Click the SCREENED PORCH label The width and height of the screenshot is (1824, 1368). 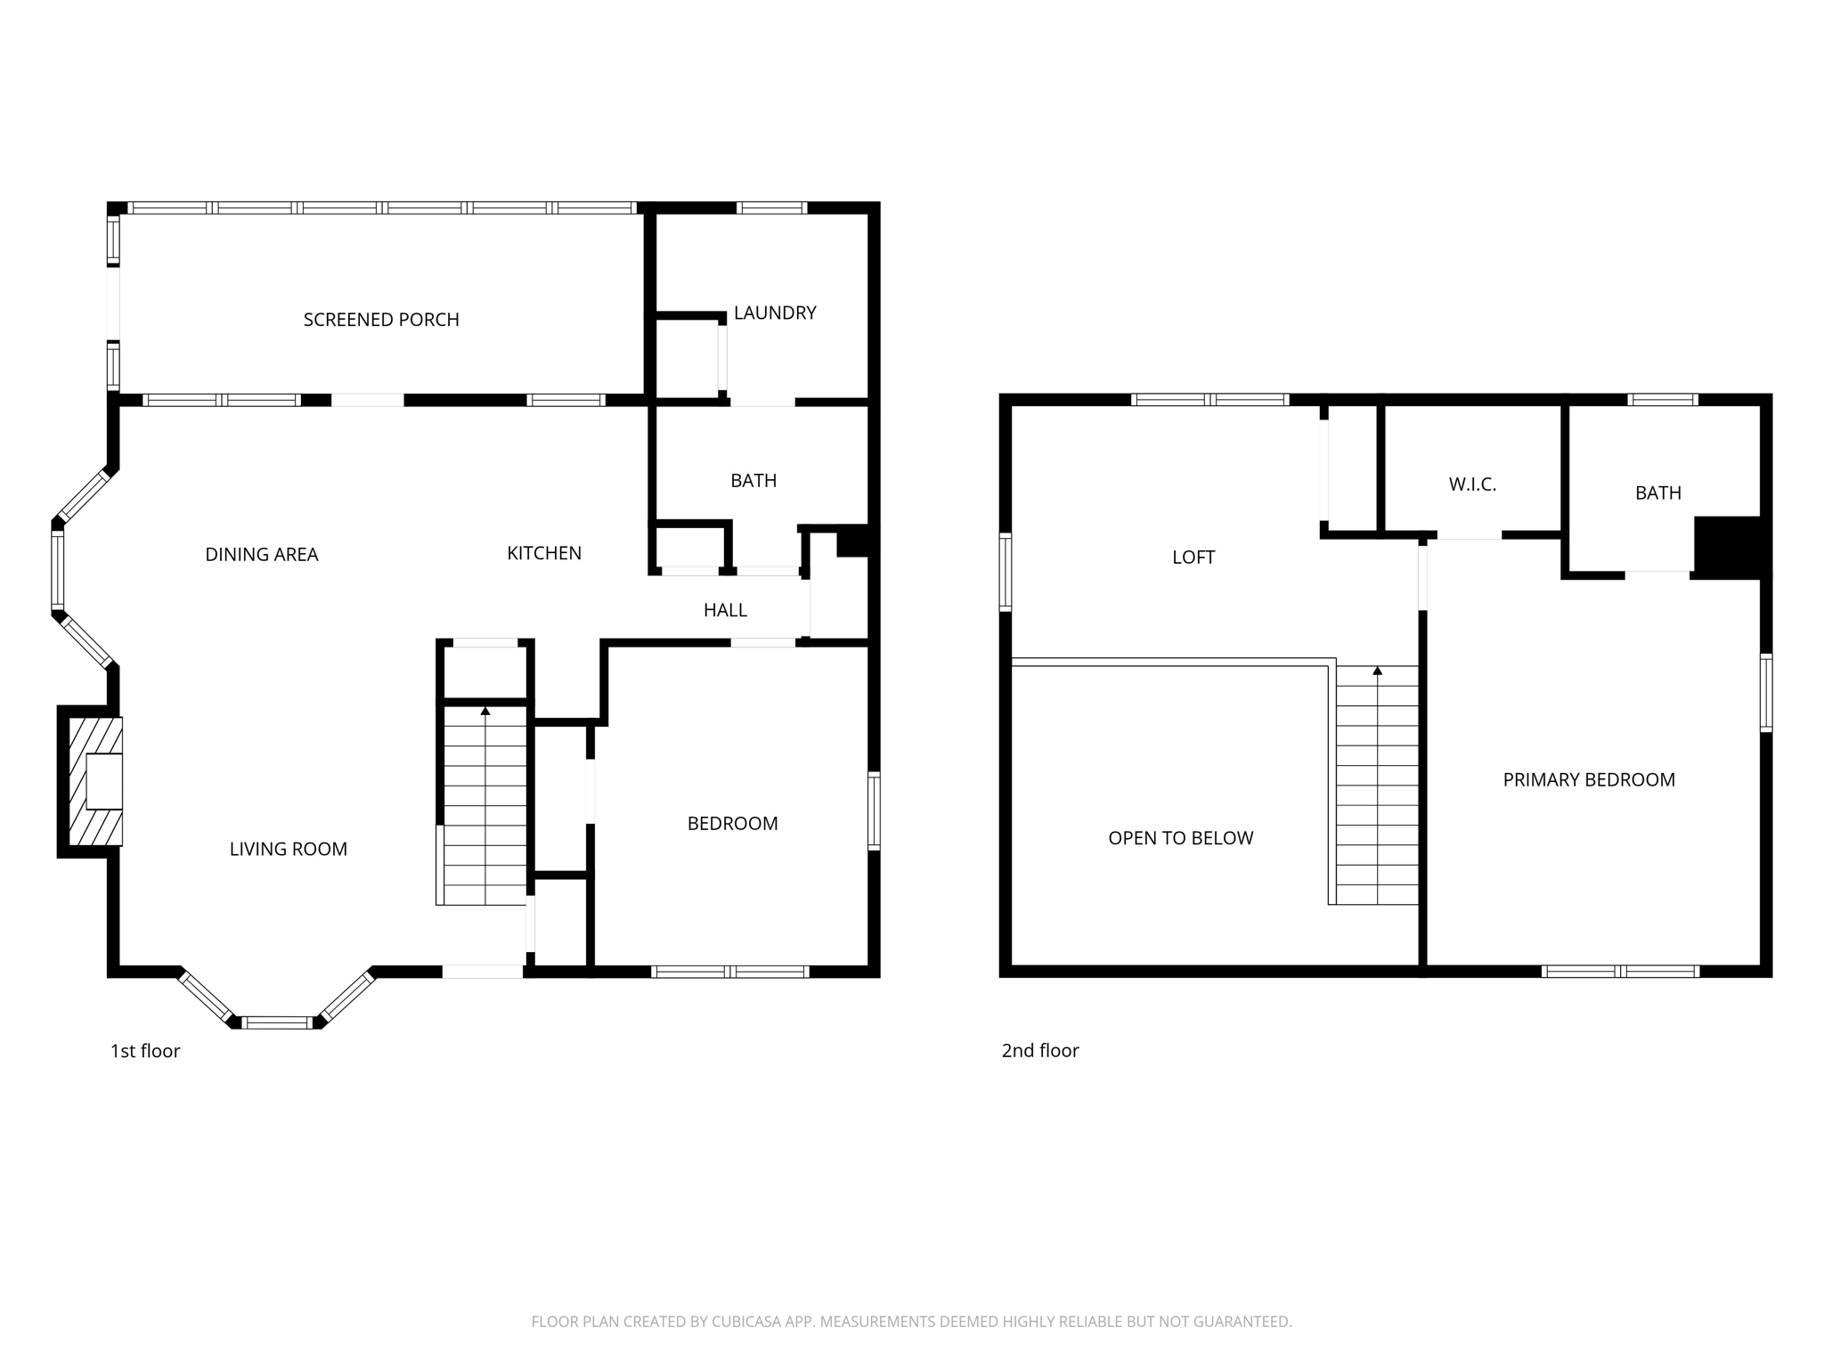(x=381, y=320)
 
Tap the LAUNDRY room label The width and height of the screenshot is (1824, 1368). (x=775, y=313)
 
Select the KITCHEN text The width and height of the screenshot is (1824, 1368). (x=544, y=553)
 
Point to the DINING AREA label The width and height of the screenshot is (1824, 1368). (x=261, y=554)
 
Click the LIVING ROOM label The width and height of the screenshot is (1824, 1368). (x=289, y=849)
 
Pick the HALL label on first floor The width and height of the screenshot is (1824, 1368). (x=725, y=610)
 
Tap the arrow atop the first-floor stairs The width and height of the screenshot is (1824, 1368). (x=485, y=711)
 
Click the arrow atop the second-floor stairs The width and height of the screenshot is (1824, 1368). (x=1378, y=670)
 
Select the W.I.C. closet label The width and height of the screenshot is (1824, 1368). (x=1472, y=484)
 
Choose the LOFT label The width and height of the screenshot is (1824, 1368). (x=1193, y=558)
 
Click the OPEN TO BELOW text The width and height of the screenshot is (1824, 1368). (x=1180, y=838)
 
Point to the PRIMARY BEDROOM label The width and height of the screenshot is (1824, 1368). (x=1589, y=780)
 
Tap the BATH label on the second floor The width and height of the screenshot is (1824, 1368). (x=1657, y=493)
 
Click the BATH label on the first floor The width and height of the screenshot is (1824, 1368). (x=753, y=481)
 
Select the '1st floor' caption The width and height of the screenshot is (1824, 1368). (x=145, y=1051)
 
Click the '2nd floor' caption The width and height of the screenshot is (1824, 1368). (x=1040, y=1051)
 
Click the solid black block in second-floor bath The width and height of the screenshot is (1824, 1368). (x=1727, y=547)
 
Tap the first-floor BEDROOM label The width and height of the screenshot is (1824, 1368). (x=732, y=824)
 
